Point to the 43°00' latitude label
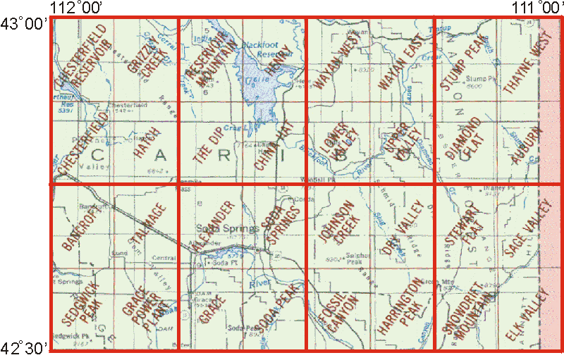(24, 23)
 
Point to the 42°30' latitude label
(24, 347)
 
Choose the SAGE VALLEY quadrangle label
(522, 228)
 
